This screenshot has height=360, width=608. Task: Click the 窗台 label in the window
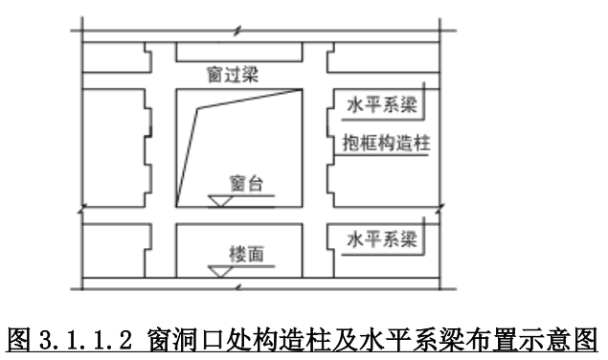pos(242,182)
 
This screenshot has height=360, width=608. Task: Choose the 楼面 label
pos(241,253)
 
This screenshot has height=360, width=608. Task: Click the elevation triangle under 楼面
pos(221,271)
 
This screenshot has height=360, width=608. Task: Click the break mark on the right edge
pos(439,209)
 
